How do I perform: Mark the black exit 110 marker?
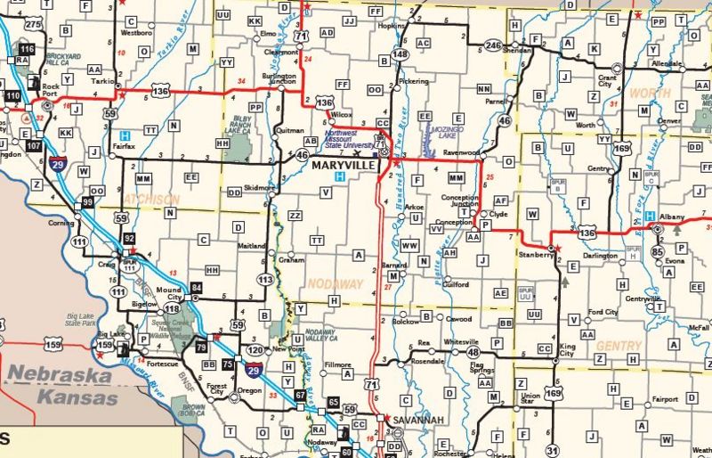click(x=12, y=95)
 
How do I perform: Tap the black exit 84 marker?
click(x=197, y=286)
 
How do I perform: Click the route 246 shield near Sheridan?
click(x=494, y=45)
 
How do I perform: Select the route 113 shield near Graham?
click(x=264, y=279)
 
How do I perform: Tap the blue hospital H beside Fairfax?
click(x=125, y=135)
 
